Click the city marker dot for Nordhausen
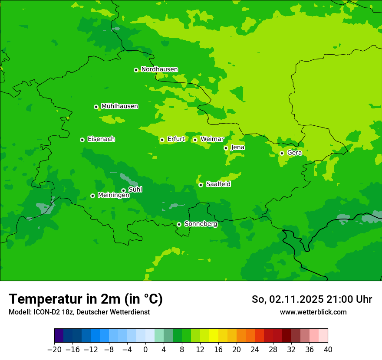coord(136,70)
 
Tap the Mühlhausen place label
coord(119,106)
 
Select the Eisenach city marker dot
coord(82,140)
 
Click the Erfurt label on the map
coord(176,139)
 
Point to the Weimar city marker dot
coord(195,140)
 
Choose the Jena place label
coord(237,147)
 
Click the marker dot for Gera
coord(282,153)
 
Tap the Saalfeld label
coord(218,184)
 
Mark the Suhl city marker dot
coord(123,190)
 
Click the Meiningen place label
coord(113,196)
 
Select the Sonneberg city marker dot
coord(179,224)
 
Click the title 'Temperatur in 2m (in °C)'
coord(86,299)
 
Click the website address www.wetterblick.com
coord(313,312)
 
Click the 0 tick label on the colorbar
coord(145,350)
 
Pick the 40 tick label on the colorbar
coord(328,350)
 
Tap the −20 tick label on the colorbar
coord(54,350)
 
